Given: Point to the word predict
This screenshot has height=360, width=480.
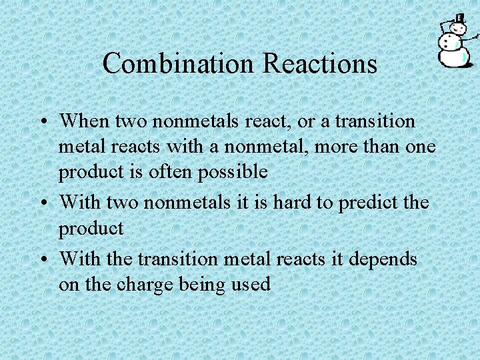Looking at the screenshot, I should [367, 202].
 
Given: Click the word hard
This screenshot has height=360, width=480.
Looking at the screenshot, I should [289, 202].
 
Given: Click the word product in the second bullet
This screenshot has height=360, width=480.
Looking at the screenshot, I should [91, 229].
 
